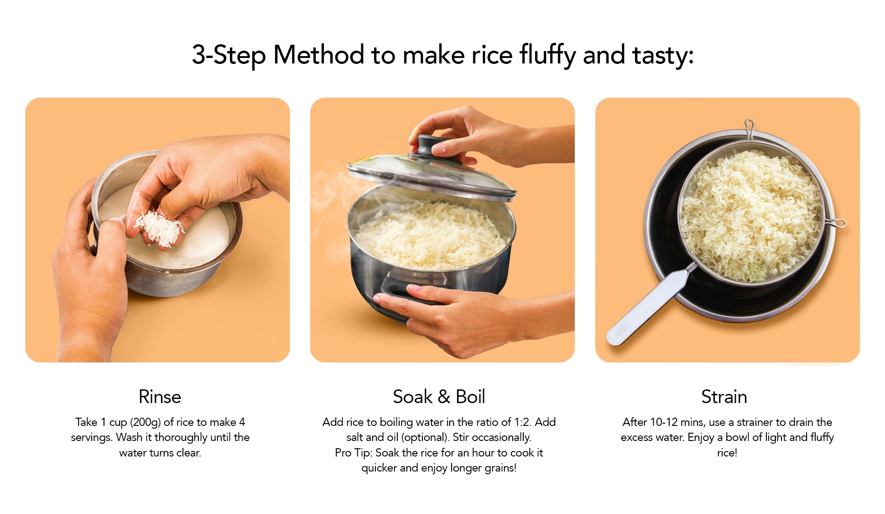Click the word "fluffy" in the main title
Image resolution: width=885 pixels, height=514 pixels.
pyautogui.click(x=547, y=55)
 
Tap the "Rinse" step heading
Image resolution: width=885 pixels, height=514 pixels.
pyautogui.click(x=160, y=397)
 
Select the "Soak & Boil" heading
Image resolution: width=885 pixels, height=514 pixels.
pyautogui.click(x=439, y=397)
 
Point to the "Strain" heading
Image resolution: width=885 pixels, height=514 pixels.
pyautogui.click(x=724, y=397)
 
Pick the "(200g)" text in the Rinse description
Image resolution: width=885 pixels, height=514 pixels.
pyautogui.click(x=146, y=422)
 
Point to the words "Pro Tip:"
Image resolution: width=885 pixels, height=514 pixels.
pyautogui.click(x=354, y=452)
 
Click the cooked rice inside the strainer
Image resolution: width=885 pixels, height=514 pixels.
pyautogui.click(x=750, y=215)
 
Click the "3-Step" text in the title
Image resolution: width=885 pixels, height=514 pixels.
pyautogui.click(x=229, y=55)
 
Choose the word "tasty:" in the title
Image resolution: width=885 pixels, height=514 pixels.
pyautogui.click(x=663, y=55)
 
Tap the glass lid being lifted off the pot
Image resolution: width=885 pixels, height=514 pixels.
pyautogui.click(x=431, y=176)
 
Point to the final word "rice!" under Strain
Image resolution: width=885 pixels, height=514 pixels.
pyautogui.click(x=727, y=453)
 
